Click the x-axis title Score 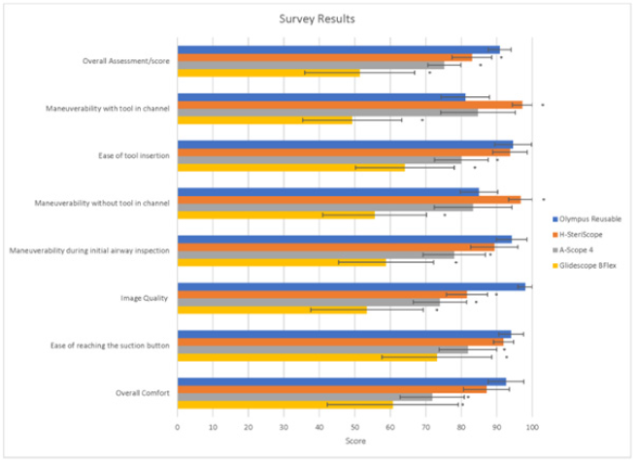[x=354, y=442]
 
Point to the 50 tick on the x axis [x=354, y=426]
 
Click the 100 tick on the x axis [x=531, y=426]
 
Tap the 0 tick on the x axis [x=178, y=426]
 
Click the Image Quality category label [x=146, y=298]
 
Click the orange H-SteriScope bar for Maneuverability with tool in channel [x=350, y=104]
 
